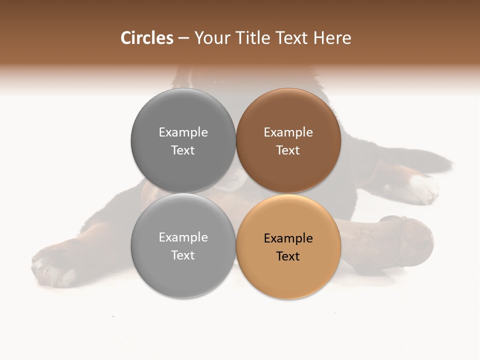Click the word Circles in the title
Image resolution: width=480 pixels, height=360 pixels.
point(147,38)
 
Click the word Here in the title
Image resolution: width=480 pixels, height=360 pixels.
point(332,38)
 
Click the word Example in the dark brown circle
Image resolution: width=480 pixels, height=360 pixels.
point(288,132)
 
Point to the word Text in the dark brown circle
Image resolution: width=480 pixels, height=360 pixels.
point(288,150)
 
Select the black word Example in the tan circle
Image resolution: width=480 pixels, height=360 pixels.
point(288,238)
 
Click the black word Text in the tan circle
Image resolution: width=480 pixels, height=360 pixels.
point(288,256)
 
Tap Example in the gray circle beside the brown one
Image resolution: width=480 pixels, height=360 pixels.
point(183,132)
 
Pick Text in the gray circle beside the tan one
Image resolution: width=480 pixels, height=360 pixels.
point(183,255)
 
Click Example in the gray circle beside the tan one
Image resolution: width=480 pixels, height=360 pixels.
point(183,237)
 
